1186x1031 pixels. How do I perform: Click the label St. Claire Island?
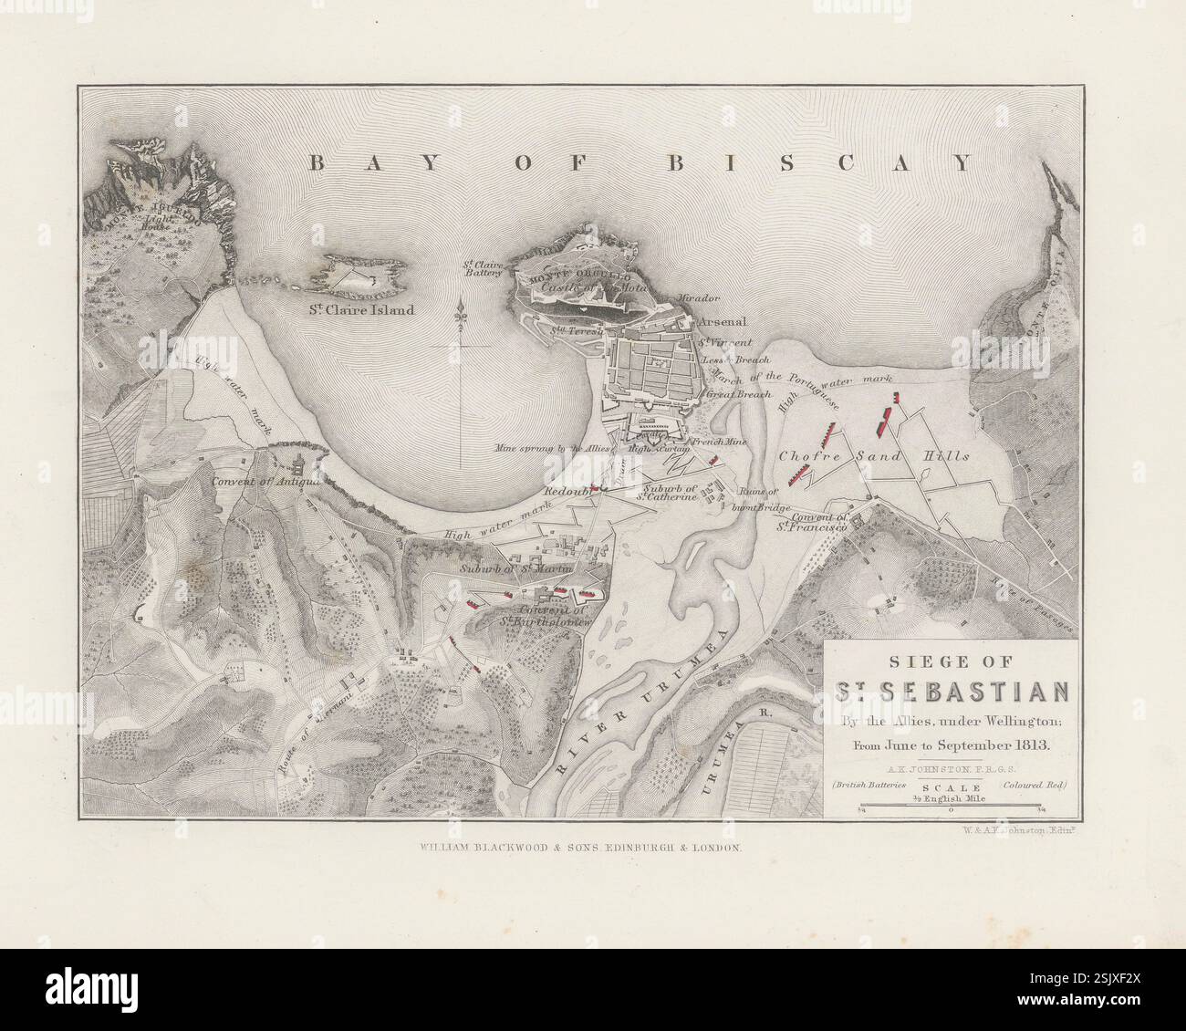(x=360, y=310)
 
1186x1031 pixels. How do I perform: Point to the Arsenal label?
(x=723, y=322)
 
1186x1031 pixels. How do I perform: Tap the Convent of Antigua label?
(x=267, y=481)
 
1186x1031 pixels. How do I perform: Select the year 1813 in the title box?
(x=1033, y=745)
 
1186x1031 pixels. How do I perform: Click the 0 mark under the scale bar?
(x=951, y=809)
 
